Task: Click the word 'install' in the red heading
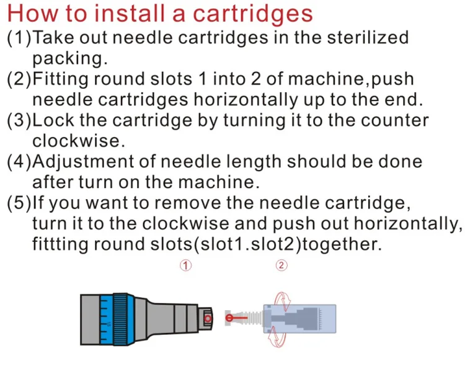click(x=130, y=14)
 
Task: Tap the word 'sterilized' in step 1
click(x=368, y=38)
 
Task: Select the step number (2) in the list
click(x=19, y=79)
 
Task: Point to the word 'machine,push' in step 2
click(x=351, y=79)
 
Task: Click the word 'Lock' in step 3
click(x=53, y=120)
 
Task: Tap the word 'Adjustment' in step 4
click(x=83, y=162)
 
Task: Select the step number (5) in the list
click(x=19, y=203)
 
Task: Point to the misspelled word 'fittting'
click(x=60, y=244)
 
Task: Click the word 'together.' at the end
click(x=342, y=244)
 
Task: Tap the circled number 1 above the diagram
click(x=185, y=265)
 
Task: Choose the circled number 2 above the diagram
click(x=281, y=265)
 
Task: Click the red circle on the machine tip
click(x=208, y=318)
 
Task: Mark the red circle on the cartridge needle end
click(x=229, y=318)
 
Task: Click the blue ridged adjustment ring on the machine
click(x=120, y=319)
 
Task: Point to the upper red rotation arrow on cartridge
click(x=283, y=300)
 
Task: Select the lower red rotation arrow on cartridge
click(x=277, y=337)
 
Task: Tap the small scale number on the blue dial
click(x=108, y=324)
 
